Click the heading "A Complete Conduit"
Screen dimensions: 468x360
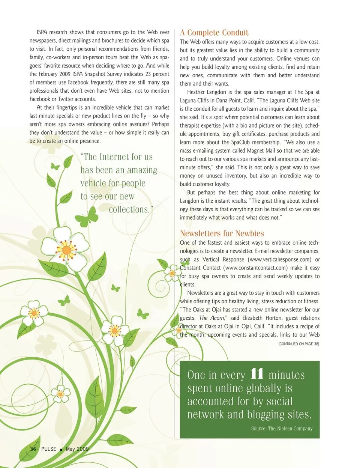(214, 33)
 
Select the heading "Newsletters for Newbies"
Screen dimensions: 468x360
(222, 233)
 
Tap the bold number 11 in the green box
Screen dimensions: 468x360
(256, 374)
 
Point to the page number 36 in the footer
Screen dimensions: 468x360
(33, 449)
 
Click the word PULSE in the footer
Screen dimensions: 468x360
(49, 449)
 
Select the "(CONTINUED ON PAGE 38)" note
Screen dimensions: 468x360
(298, 344)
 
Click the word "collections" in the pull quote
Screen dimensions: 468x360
(129, 209)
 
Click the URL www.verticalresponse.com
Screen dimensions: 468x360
(280, 259)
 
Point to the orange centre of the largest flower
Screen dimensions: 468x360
(66, 250)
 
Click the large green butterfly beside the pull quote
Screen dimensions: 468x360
(88, 217)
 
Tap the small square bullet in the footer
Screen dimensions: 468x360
(61, 449)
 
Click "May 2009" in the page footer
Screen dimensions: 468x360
(77, 449)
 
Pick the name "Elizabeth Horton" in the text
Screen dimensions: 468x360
(262, 318)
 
